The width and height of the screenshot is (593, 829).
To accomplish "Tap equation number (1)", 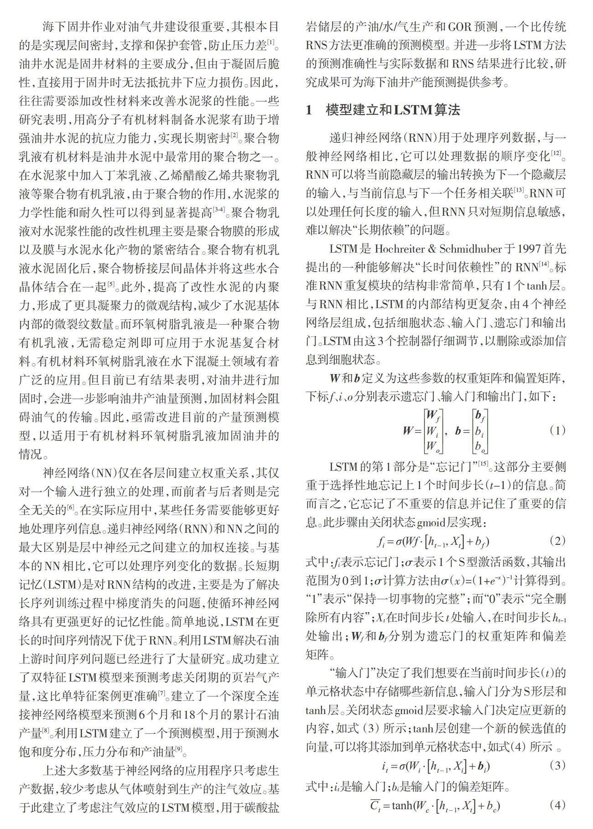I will point(557,430).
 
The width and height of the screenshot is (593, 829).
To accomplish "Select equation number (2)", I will point(557,541).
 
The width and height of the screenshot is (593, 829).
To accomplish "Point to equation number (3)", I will point(557,765).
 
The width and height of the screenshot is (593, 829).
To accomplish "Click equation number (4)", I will point(557,805).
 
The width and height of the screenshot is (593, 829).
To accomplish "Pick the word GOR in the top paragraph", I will point(462,27).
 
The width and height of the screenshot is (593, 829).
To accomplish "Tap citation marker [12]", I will point(556,153).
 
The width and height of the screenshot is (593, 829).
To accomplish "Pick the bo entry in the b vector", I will point(479,446).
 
